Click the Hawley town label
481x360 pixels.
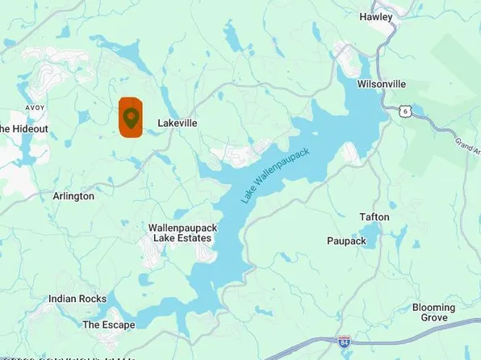click(x=376, y=17)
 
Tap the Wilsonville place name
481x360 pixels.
click(x=383, y=84)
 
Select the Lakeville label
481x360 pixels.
click(x=178, y=123)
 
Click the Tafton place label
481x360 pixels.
click(x=374, y=217)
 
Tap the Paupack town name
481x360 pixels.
click(x=346, y=241)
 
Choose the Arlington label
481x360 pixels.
click(x=73, y=196)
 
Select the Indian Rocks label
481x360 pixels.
click(x=77, y=299)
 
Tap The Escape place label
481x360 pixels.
click(x=109, y=324)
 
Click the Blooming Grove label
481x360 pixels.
click(x=434, y=312)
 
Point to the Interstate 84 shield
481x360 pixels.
click(x=345, y=342)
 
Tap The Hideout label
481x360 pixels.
click(x=23, y=129)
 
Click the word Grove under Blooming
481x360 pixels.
click(x=434, y=318)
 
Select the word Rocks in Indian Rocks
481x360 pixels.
click(x=92, y=299)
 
